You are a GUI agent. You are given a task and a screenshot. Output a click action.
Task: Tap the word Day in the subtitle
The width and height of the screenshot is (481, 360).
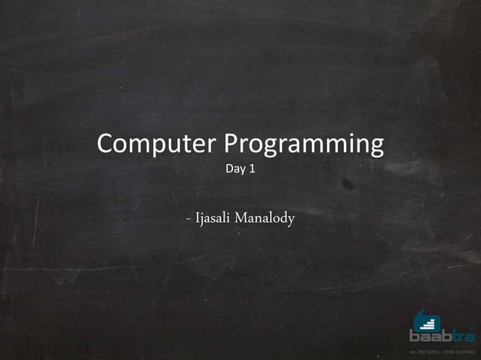[235, 169]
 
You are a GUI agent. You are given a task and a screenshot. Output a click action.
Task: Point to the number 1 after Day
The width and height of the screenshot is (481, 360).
[252, 169]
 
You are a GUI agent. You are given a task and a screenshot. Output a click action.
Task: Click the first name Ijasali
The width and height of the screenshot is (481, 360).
[213, 219]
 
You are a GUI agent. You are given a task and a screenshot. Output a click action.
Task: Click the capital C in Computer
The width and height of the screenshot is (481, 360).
[106, 143]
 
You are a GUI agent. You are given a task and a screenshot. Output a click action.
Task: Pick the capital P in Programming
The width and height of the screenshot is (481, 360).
[234, 143]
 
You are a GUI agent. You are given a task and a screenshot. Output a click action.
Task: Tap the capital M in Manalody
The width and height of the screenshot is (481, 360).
[241, 219]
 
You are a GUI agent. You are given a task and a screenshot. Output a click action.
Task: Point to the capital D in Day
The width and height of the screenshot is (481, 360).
[230, 169]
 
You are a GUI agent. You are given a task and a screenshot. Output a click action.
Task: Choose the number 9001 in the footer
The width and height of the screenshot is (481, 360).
[433, 352]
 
